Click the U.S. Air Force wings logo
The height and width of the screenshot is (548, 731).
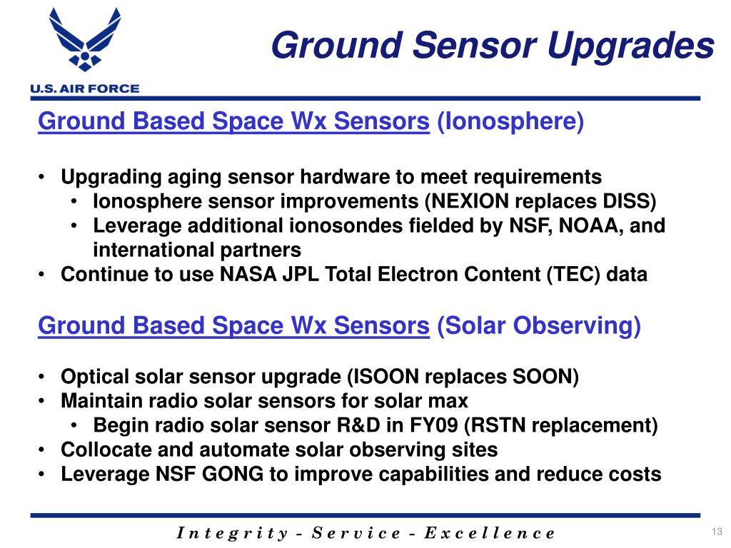tap(85, 39)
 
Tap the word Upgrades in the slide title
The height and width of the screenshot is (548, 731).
tap(630, 46)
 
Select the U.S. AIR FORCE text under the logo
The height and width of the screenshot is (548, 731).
tap(85, 88)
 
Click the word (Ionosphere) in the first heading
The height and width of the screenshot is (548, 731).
tap(510, 121)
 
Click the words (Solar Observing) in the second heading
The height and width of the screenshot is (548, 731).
tap(538, 325)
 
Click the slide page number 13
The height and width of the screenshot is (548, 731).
tap(717, 532)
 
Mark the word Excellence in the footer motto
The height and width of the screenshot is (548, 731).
tap(490, 532)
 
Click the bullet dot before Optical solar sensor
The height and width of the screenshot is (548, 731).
tap(41, 377)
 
